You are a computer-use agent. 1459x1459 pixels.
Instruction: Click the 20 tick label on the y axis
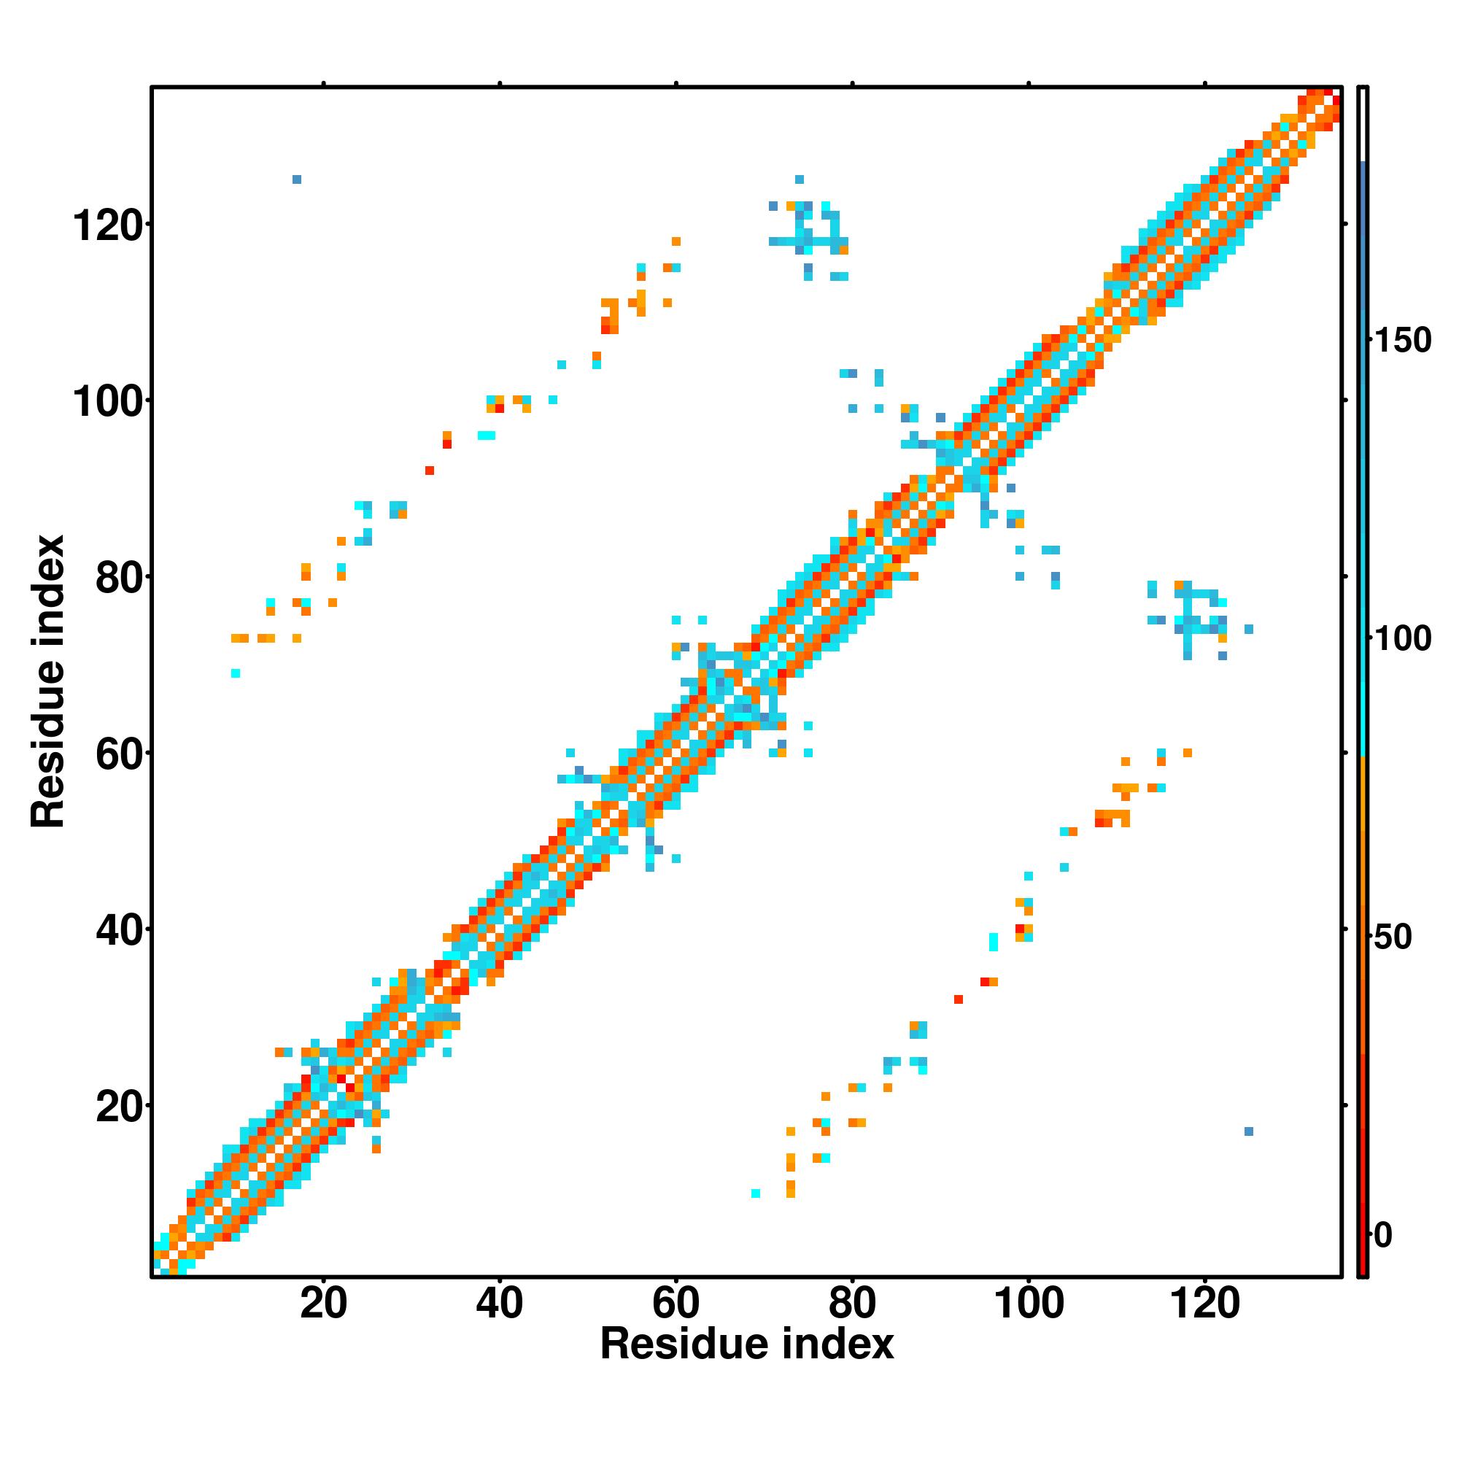point(120,1107)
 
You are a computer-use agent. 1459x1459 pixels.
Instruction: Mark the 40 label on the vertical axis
point(120,930)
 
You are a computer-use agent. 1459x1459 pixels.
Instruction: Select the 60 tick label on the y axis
point(120,754)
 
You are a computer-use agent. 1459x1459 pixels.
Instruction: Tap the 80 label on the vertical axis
point(120,578)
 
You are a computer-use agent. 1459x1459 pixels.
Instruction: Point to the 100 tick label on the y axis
point(108,402)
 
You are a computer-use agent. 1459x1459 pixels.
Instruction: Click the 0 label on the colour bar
point(1382,1236)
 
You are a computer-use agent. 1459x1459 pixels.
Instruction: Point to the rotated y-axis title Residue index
point(48,681)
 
